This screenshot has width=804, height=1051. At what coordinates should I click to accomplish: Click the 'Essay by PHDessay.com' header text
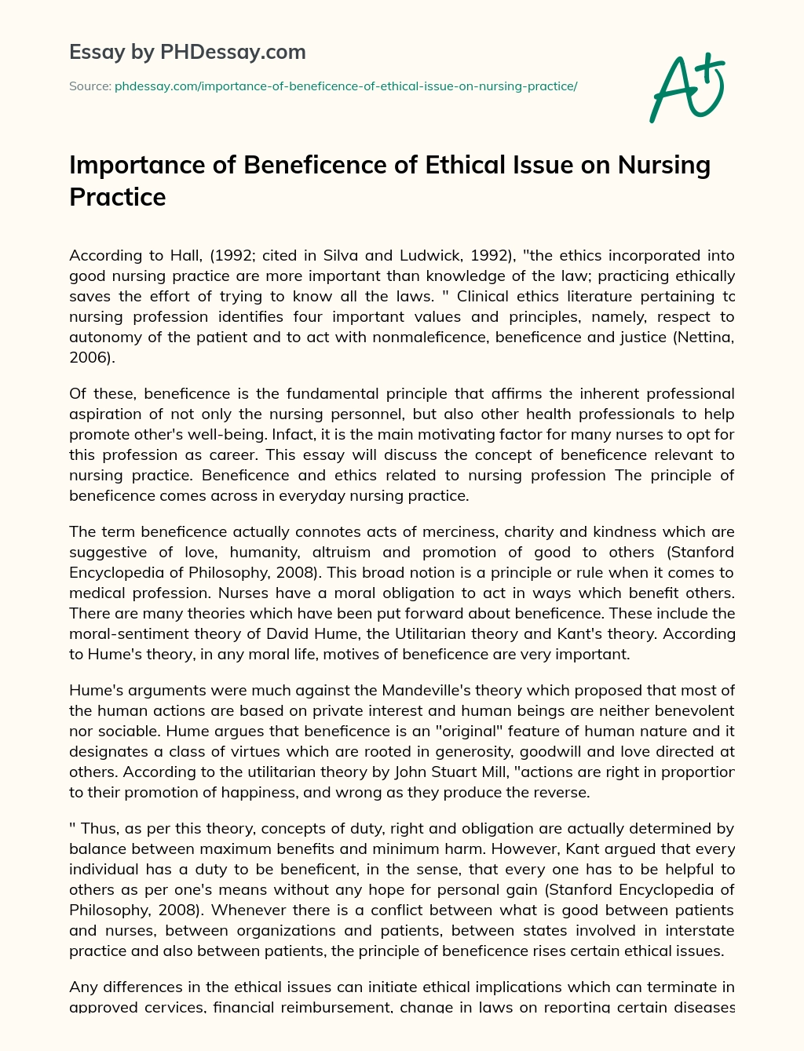coord(188,53)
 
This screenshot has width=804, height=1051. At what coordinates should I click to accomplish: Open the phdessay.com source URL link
coord(345,86)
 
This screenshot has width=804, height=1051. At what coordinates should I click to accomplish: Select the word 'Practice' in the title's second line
coord(118,196)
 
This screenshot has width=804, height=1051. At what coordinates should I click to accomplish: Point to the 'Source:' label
coord(90,86)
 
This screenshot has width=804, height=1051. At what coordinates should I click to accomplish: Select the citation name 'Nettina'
coord(703,337)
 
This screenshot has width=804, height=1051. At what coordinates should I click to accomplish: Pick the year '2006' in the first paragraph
coord(89,357)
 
